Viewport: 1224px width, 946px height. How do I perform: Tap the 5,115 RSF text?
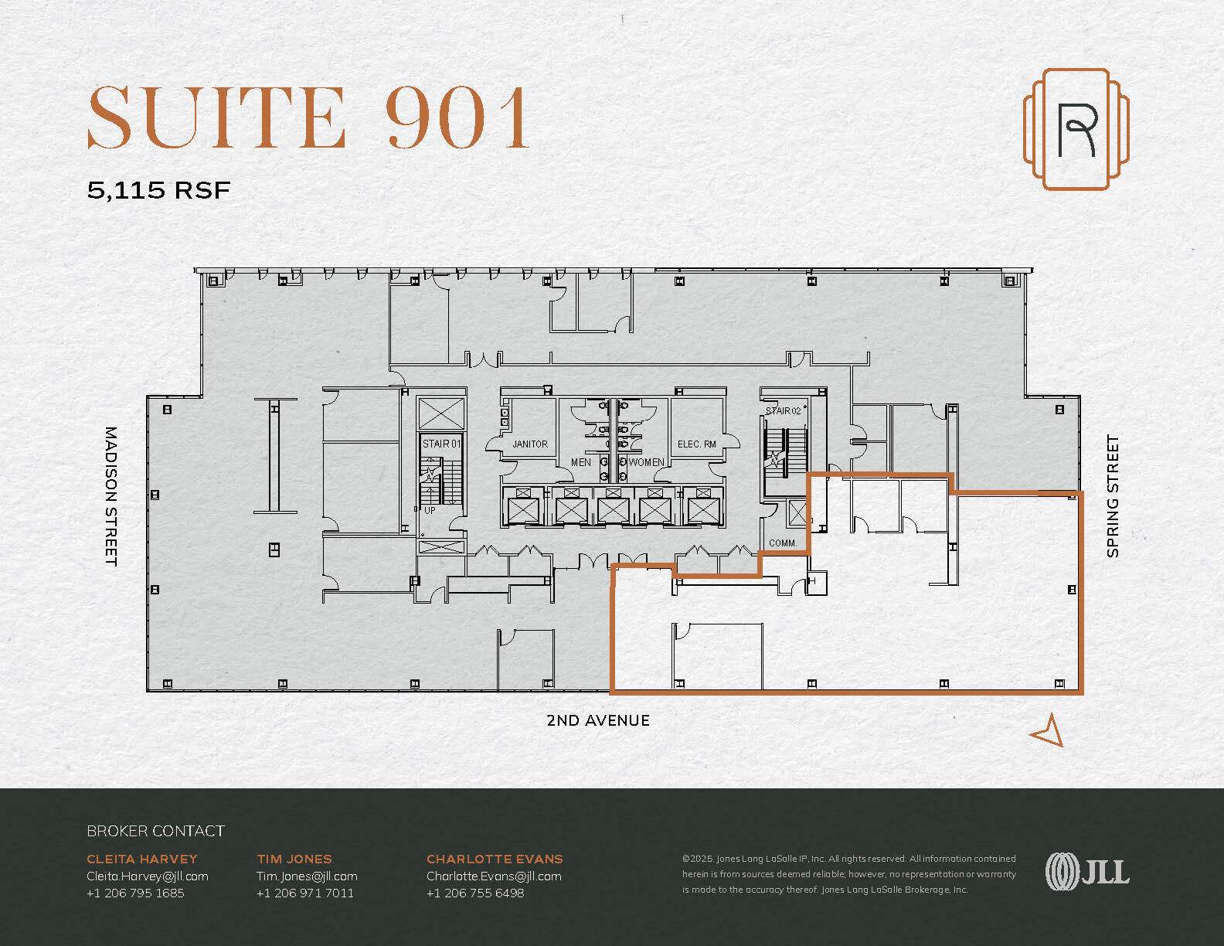click(158, 190)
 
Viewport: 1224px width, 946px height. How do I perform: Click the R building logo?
click(1076, 129)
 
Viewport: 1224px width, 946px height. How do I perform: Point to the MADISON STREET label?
click(110, 496)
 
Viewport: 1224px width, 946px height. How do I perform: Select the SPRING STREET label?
click(1113, 496)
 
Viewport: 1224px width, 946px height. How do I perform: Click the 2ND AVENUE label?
click(597, 720)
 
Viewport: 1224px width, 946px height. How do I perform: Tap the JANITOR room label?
click(529, 444)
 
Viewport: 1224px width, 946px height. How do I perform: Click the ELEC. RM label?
click(696, 444)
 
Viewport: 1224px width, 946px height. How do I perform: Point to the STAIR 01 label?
click(441, 444)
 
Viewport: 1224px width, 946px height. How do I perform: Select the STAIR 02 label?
click(783, 411)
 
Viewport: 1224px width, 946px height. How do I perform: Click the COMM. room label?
click(782, 543)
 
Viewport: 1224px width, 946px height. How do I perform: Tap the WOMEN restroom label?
click(646, 462)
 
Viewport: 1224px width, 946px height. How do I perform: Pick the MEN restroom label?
click(581, 462)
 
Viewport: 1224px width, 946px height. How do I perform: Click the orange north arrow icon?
click(1048, 731)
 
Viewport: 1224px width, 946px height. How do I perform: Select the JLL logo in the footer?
click(1086, 872)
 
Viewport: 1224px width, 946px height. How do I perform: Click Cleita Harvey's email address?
click(148, 876)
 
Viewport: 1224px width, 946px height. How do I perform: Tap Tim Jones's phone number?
click(305, 893)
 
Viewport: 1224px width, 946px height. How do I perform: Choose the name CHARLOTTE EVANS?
click(495, 859)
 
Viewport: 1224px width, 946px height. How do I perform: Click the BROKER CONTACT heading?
click(155, 832)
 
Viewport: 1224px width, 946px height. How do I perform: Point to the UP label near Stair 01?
click(430, 510)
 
